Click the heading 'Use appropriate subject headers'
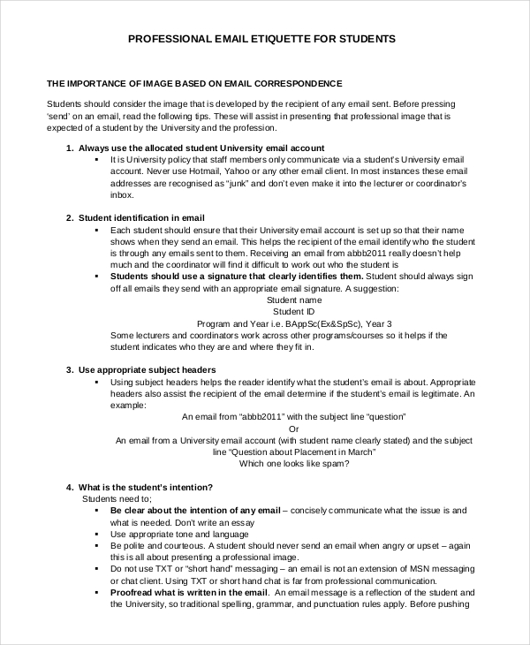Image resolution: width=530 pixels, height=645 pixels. [148, 369]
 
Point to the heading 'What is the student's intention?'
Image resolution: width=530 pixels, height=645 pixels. [145, 487]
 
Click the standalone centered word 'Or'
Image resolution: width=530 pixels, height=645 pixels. [293, 428]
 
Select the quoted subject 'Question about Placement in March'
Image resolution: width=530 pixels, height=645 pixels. [303, 451]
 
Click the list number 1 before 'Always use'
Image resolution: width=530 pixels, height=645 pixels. [69, 148]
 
